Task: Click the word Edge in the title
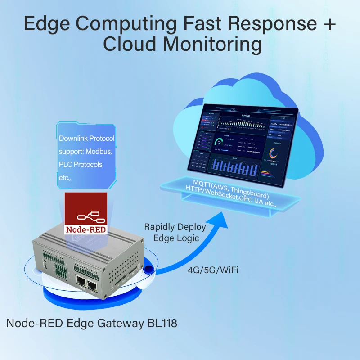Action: pos(45,23)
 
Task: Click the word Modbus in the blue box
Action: pos(96,152)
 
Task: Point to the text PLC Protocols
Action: pos(81,165)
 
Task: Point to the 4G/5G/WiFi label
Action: pos(213,270)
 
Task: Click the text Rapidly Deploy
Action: pos(175,227)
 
